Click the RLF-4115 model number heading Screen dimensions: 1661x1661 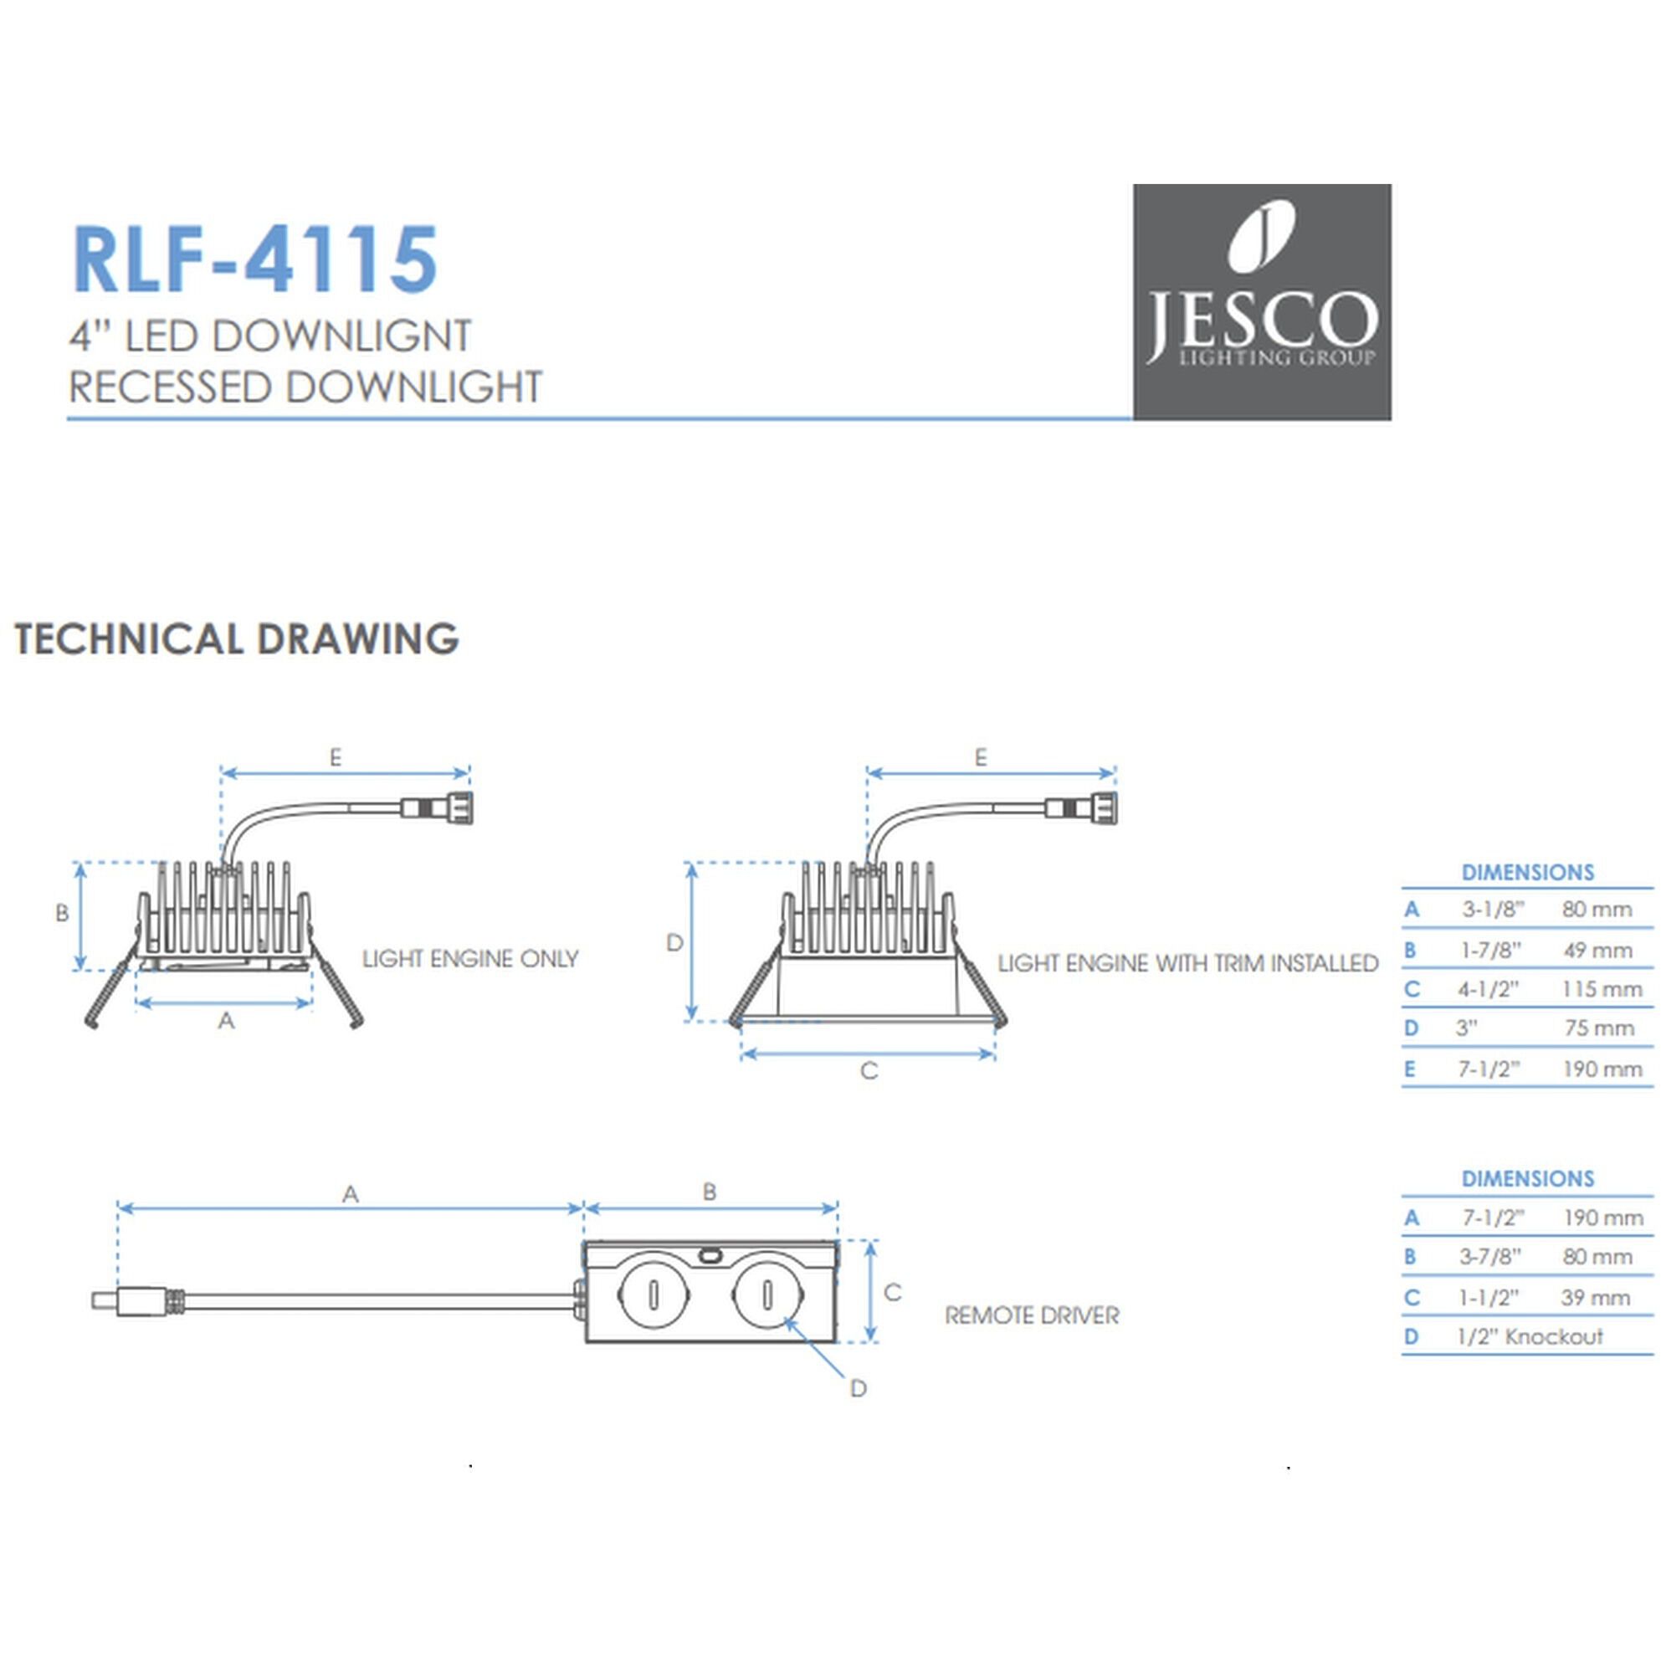pos(255,259)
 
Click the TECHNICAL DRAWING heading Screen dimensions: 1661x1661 pos(237,638)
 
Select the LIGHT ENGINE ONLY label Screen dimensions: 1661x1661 pos(469,959)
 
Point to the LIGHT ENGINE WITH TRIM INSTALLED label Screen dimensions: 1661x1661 pos(1187,963)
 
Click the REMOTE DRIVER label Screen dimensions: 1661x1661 pos(1032,1315)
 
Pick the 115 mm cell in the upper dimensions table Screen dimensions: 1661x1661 pos(1602,990)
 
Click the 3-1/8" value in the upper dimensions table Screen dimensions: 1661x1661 pos(1493,910)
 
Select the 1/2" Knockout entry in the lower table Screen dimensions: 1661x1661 pos(1530,1337)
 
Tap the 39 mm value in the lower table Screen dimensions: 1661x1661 pos(1596,1297)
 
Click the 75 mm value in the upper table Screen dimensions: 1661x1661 pos(1598,1028)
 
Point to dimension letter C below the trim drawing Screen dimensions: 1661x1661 pos(869,1071)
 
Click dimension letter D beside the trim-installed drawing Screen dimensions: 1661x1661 pos(674,943)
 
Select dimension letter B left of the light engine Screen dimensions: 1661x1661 pos(62,913)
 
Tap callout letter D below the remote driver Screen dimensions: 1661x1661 pos(857,1388)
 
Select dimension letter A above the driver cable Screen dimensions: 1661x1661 pos(350,1194)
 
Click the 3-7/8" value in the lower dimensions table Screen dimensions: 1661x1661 pos(1490,1257)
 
